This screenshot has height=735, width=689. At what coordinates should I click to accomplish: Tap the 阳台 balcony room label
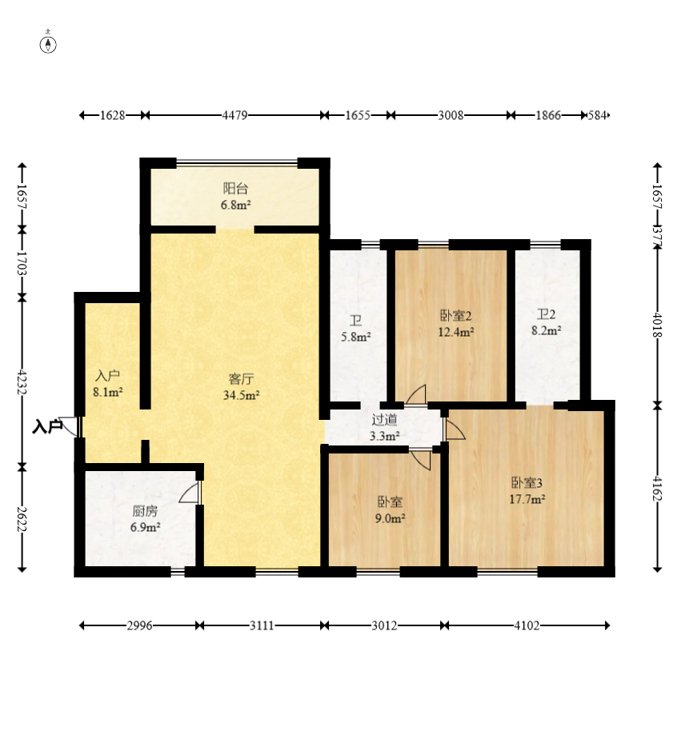coord(235,189)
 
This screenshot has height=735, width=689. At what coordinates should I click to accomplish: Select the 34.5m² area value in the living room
coord(242,395)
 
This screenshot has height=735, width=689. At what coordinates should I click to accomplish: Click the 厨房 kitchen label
coord(145,511)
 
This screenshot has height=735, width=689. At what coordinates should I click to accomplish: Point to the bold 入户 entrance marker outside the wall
coord(47,426)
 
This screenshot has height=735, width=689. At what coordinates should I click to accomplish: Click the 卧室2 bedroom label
coord(455,315)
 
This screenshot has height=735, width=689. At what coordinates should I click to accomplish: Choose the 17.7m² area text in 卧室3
coord(527,499)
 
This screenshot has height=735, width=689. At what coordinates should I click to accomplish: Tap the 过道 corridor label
coord(385,420)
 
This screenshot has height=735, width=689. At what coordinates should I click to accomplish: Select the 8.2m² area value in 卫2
coord(547,330)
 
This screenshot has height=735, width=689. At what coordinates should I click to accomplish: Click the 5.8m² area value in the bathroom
coord(356,337)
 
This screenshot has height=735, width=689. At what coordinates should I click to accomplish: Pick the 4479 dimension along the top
coord(234,115)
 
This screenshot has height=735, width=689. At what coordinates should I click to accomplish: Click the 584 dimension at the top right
coord(597,115)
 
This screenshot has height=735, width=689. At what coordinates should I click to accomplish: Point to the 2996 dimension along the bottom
coord(139,625)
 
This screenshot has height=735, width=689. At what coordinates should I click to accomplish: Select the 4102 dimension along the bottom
coord(527,625)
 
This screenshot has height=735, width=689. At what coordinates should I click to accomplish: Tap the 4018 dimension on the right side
coord(658,325)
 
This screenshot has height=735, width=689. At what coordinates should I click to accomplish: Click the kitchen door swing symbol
coord(190,493)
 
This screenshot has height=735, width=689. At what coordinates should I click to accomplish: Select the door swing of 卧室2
coord(416,394)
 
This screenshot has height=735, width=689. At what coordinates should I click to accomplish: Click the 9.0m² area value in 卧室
coord(391,518)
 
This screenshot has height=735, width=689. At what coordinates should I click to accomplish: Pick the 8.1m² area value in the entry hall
coord(108,393)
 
